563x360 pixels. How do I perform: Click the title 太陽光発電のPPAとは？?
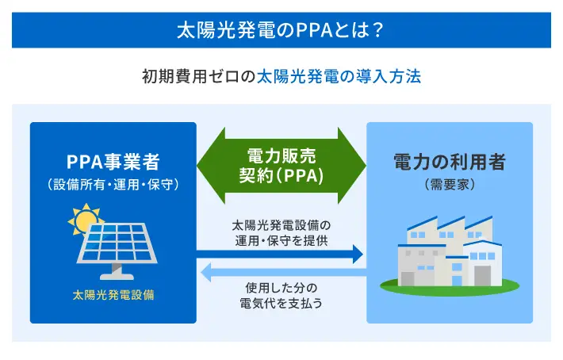click(281, 30)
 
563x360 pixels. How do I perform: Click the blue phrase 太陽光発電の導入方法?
click(339, 76)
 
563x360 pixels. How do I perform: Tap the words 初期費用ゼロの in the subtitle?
click(199, 76)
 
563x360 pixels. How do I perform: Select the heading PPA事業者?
click(113, 162)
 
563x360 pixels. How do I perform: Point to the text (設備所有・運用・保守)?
click(113, 185)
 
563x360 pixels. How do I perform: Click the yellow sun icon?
click(86, 219)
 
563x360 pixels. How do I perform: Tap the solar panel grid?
click(117, 243)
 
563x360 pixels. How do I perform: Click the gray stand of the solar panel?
click(117, 272)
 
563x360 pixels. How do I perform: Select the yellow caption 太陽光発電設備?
click(113, 295)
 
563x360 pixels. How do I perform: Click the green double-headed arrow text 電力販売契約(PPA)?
click(281, 166)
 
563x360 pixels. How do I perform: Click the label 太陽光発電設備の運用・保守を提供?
click(281, 233)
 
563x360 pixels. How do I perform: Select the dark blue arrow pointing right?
click(280, 254)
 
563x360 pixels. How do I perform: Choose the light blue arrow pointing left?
click(284, 273)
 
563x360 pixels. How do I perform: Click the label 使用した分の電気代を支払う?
click(281, 296)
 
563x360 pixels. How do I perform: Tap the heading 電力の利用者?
click(450, 162)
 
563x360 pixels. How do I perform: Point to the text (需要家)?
click(450, 185)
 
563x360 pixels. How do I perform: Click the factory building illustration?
click(450, 251)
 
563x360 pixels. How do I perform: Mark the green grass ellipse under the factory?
click(450, 287)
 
